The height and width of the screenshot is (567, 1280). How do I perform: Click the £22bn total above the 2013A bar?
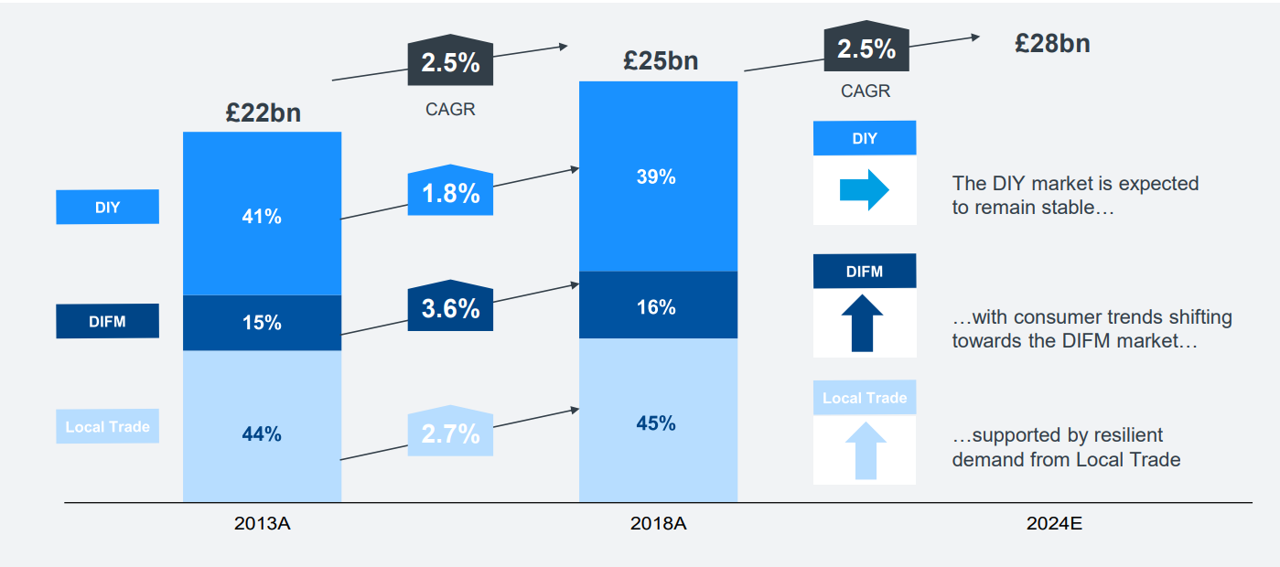[x=263, y=112]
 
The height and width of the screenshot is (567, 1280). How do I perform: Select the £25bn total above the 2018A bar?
[x=661, y=61]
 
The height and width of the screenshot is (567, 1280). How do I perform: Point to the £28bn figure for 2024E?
[x=1052, y=44]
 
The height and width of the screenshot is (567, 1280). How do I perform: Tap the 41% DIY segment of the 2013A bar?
[x=262, y=217]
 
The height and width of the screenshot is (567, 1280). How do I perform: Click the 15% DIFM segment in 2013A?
[x=262, y=323]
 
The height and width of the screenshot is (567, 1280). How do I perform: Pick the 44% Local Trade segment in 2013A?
[x=262, y=434]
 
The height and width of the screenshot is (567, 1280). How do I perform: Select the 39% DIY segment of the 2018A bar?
[x=657, y=177]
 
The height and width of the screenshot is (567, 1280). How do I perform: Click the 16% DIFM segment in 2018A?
[x=657, y=307]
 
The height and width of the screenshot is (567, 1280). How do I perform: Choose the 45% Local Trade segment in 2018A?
[x=657, y=423]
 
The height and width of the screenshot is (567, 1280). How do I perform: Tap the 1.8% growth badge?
[x=450, y=192]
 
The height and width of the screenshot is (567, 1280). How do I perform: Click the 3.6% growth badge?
[x=450, y=307]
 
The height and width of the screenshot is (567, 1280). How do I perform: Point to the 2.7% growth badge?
[x=450, y=433]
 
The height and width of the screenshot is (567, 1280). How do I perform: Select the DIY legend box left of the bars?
[x=107, y=208]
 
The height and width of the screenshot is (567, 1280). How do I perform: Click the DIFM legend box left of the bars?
[x=107, y=322]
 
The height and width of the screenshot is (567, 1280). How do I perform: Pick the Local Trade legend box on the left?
[x=107, y=427]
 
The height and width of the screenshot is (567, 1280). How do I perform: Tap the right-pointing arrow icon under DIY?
[x=865, y=190]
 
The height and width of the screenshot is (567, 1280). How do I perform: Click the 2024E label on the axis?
[x=1054, y=525]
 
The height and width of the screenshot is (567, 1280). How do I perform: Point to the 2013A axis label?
[x=262, y=525]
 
